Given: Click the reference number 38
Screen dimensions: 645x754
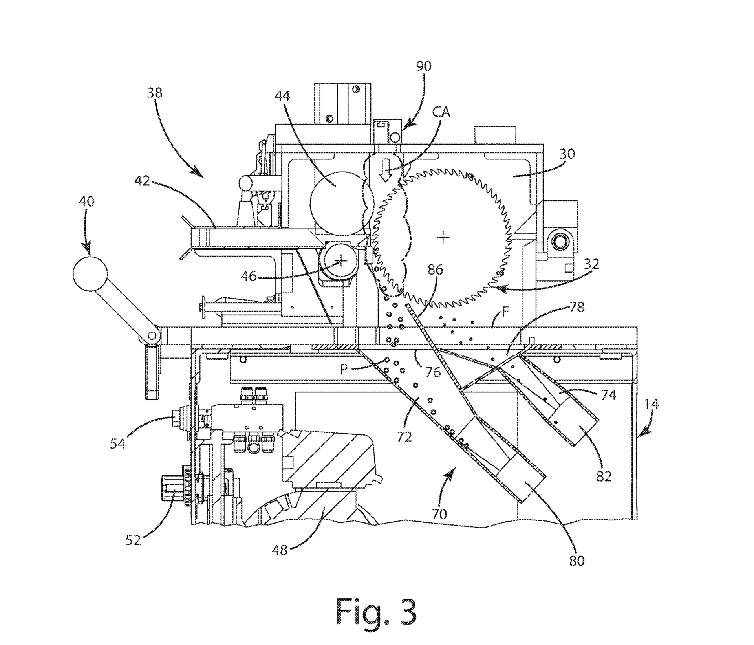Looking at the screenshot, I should point(154,93).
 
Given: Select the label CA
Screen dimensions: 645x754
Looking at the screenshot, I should point(441,112).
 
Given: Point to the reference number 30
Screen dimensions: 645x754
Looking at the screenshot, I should point(567,154).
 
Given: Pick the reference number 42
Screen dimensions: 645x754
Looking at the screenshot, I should point(143,181).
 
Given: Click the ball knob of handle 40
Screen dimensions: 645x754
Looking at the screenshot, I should point(90,274).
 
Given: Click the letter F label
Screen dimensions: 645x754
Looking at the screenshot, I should point(506,313).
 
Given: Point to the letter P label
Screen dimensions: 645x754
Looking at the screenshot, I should point(344,369).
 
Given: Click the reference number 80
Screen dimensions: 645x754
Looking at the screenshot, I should point(576,561).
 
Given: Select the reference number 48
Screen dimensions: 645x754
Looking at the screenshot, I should point(280,550).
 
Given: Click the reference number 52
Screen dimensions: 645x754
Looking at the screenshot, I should point(134,540).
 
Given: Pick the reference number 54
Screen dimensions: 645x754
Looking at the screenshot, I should point(117,443).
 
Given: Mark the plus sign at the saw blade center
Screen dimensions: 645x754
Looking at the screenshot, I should point(443,237).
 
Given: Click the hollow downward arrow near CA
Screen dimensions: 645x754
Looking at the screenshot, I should point(386,171).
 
